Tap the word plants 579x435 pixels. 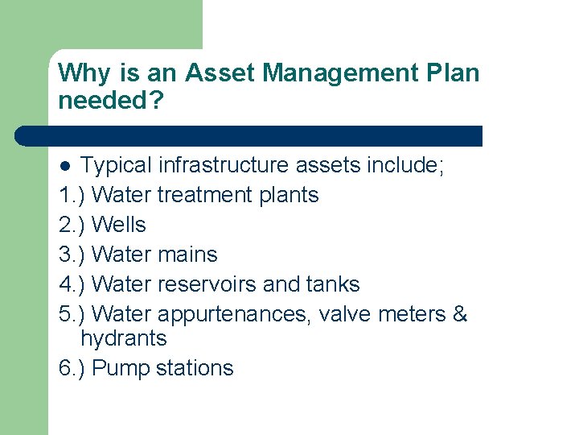pyautogui.click(x=289, y=195)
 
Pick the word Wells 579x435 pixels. pyautogui.click(x=119, y=225)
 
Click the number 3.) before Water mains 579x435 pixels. pyautogui.click(x=73, y=255)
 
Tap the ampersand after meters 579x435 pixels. pyautogui.click(x=460, y=314)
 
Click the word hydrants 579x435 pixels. pyautogui.click(x=124, y=338)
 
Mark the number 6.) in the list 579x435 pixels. pyautogui.click(x=73, y=369)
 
